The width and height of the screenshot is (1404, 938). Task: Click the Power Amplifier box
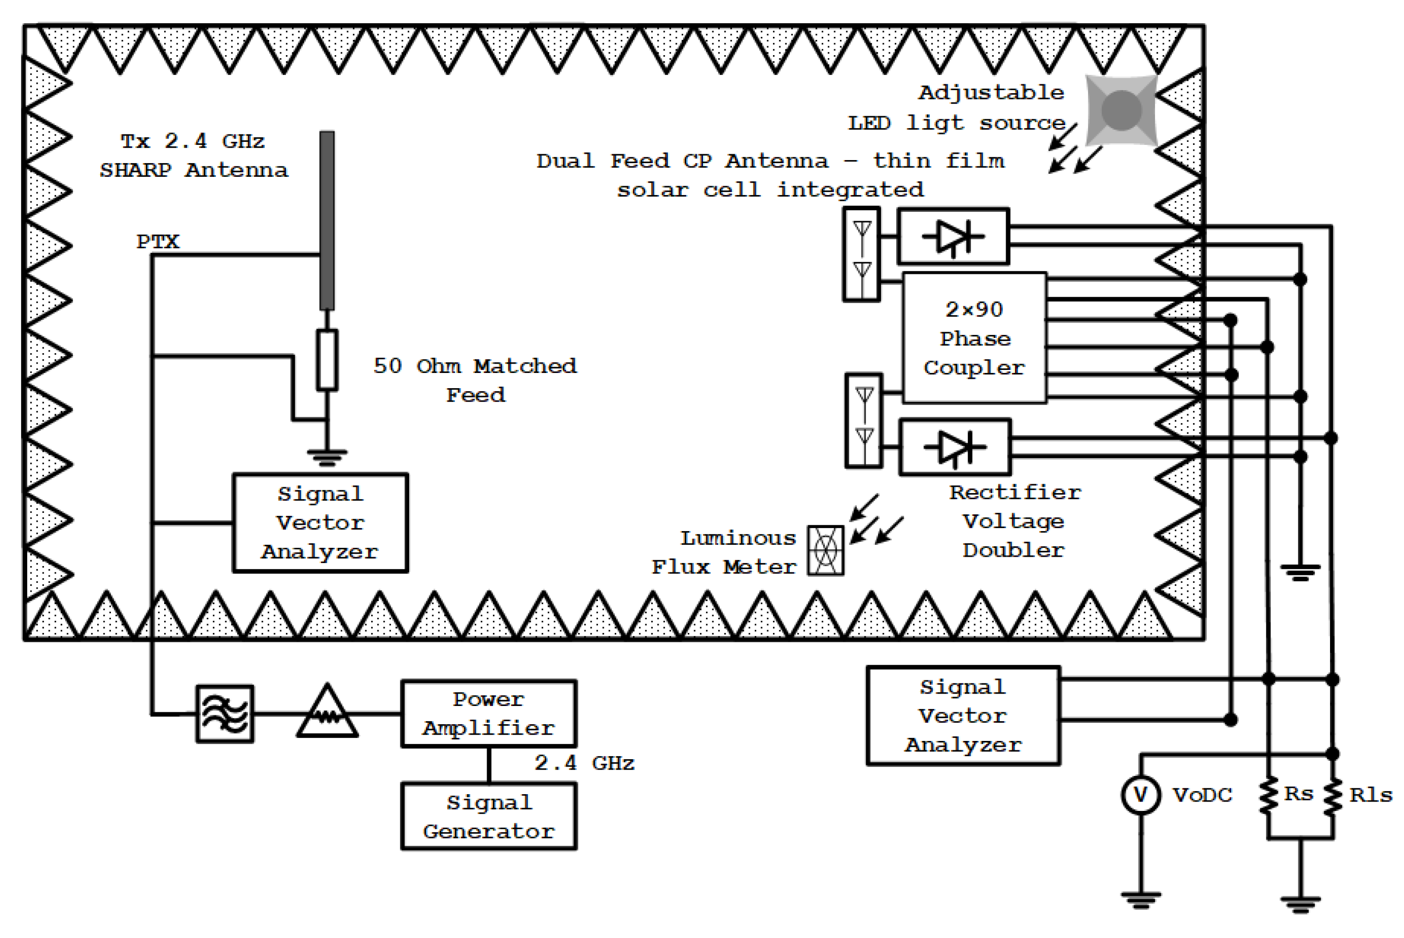tap(489, 714)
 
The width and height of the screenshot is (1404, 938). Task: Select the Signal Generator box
tap(489, 817)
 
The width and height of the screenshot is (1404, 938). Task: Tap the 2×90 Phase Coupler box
tap(974, 338)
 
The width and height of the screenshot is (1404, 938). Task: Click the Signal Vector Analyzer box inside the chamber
tap(320, 523)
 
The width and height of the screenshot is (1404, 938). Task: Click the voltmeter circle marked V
tap(1141, 795)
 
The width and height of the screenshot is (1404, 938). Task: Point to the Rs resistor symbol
tap(1268, 796)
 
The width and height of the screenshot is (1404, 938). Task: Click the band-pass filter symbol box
tap(225, 714)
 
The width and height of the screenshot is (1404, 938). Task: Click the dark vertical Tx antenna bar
tap(327, 220)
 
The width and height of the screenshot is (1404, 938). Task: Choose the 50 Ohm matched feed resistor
tap(327, 360)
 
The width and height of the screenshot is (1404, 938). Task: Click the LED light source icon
tap(1121, 110)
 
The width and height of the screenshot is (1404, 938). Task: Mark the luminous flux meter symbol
tap(825, 550)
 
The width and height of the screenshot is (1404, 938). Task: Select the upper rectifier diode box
tap(953, 236)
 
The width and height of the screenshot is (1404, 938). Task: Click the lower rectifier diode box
tap(955, 447)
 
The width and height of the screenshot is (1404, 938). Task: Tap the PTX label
tap(157, 242)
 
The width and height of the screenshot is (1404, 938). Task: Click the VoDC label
tap(1202, 795)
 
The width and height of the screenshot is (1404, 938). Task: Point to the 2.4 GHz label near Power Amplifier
tap(584, 763)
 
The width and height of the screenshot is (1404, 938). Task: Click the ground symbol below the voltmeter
tap(1141, 899)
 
